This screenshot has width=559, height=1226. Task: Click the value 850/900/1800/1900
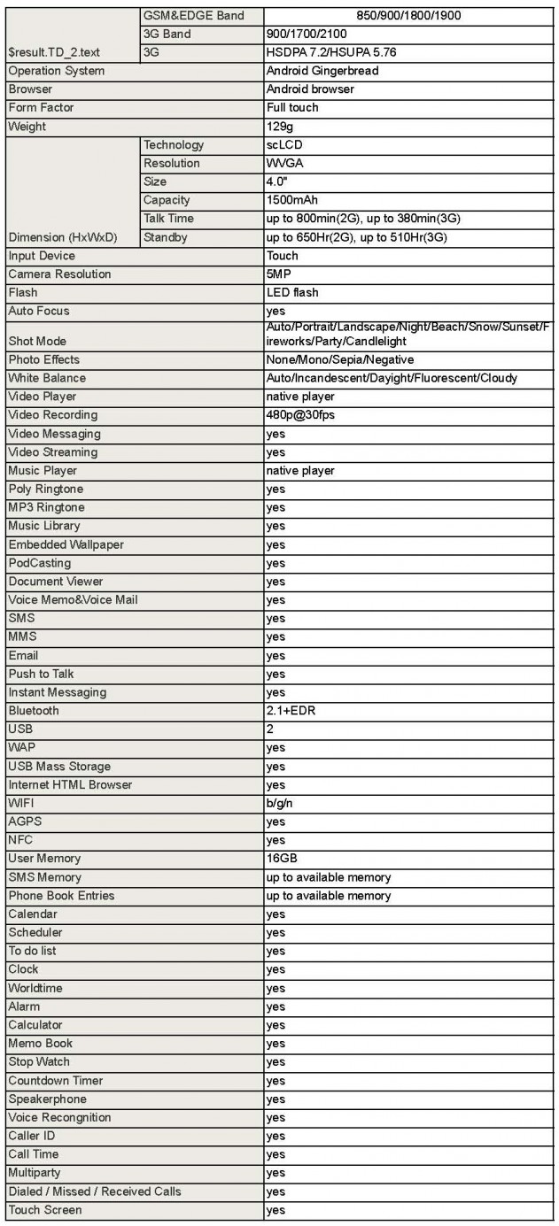(x=411, y=15)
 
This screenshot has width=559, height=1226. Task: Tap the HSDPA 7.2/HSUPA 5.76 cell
(x=331, y=52)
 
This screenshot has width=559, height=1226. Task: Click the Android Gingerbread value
(x=322, y=71)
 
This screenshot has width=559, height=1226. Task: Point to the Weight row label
(x=27, y=127)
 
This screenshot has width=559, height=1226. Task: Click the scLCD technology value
(x=285, y=145)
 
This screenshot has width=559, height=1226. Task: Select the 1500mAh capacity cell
(x=292, y=200)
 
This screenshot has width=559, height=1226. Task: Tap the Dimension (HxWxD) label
(x=62, y=237)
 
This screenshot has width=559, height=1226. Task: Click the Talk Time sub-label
(x=168, y=219)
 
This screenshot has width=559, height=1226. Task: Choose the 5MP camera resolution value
(x=279, y=274)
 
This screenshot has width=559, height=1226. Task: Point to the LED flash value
(x=292, y=293)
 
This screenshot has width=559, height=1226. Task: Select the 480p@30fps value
(x=300, y=415)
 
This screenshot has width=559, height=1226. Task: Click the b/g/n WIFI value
(x=280, y=803)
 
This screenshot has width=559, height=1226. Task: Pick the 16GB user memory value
(x=282, y=859)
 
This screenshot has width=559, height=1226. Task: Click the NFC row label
(x=20, y=840)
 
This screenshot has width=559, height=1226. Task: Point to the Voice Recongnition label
(x=59, y=1117)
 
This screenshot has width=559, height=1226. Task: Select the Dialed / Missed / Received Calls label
(x=94, y=1191)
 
